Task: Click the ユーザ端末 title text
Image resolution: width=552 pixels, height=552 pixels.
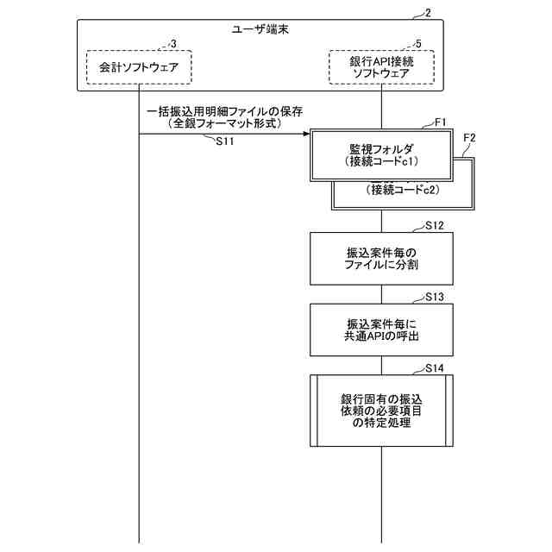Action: coord(260,28)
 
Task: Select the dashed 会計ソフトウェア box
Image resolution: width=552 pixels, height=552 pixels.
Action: coord(138,66)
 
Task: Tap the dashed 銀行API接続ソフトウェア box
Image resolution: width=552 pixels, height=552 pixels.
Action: coord(381,66)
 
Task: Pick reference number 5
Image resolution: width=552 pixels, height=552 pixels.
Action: coord(418,43)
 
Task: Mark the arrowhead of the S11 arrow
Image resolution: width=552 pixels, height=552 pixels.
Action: coord(305,134)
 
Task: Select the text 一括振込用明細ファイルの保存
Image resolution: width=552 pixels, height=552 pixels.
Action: coord(224,112)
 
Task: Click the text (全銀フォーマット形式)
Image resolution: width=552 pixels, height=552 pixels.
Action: coord(224,124)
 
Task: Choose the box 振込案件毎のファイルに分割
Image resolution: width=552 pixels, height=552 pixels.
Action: coord(380,259)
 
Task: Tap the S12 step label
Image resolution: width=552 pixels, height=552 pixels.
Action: coord(436,226)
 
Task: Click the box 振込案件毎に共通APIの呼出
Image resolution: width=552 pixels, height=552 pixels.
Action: coord(380,329)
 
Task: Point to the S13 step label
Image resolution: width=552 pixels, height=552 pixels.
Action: coord(436,297)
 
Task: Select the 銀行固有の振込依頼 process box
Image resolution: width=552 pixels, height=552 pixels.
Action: coord(380,410)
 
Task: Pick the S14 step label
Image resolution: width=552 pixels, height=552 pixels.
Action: coord(436,368)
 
